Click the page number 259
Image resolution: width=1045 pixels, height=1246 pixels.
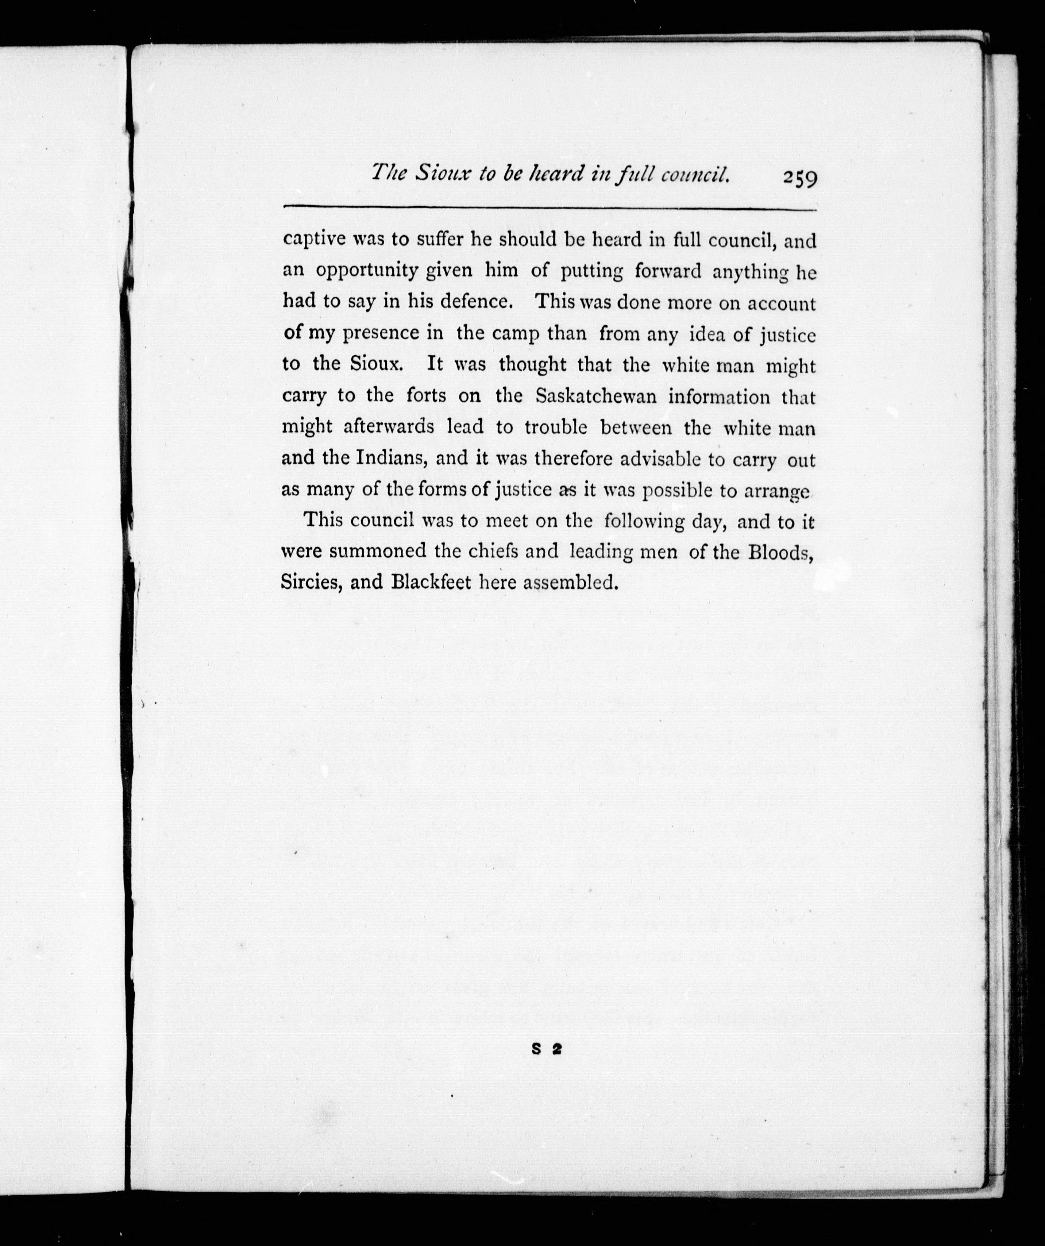point(800,177)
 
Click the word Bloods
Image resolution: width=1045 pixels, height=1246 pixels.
point(779,552)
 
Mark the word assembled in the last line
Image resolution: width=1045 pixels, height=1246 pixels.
point(571,583)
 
